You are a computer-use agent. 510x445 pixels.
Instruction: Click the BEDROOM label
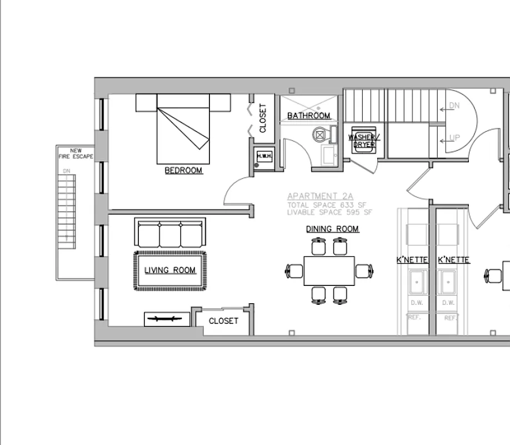click(183, 170)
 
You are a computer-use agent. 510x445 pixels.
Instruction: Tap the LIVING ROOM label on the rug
click(170, 270)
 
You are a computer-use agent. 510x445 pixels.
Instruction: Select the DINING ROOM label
click(332, 229)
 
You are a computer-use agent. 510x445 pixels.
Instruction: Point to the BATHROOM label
click(308, 116)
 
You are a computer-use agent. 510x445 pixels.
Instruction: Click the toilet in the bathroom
click(323, 135)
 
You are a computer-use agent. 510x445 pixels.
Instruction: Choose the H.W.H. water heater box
click(264, 156)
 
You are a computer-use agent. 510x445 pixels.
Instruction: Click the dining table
click(329, 271)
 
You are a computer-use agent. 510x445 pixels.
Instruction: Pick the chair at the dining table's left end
click(294, 271)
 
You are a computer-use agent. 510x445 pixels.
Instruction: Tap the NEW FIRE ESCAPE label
click(76, 154)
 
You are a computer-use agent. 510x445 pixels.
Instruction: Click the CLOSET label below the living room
click(223, 321)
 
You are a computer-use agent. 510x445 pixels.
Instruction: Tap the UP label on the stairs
click(454, 137)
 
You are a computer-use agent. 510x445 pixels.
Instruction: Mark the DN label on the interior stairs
click(454, 106)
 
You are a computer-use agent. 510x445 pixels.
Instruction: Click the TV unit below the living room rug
click(167, 319)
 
